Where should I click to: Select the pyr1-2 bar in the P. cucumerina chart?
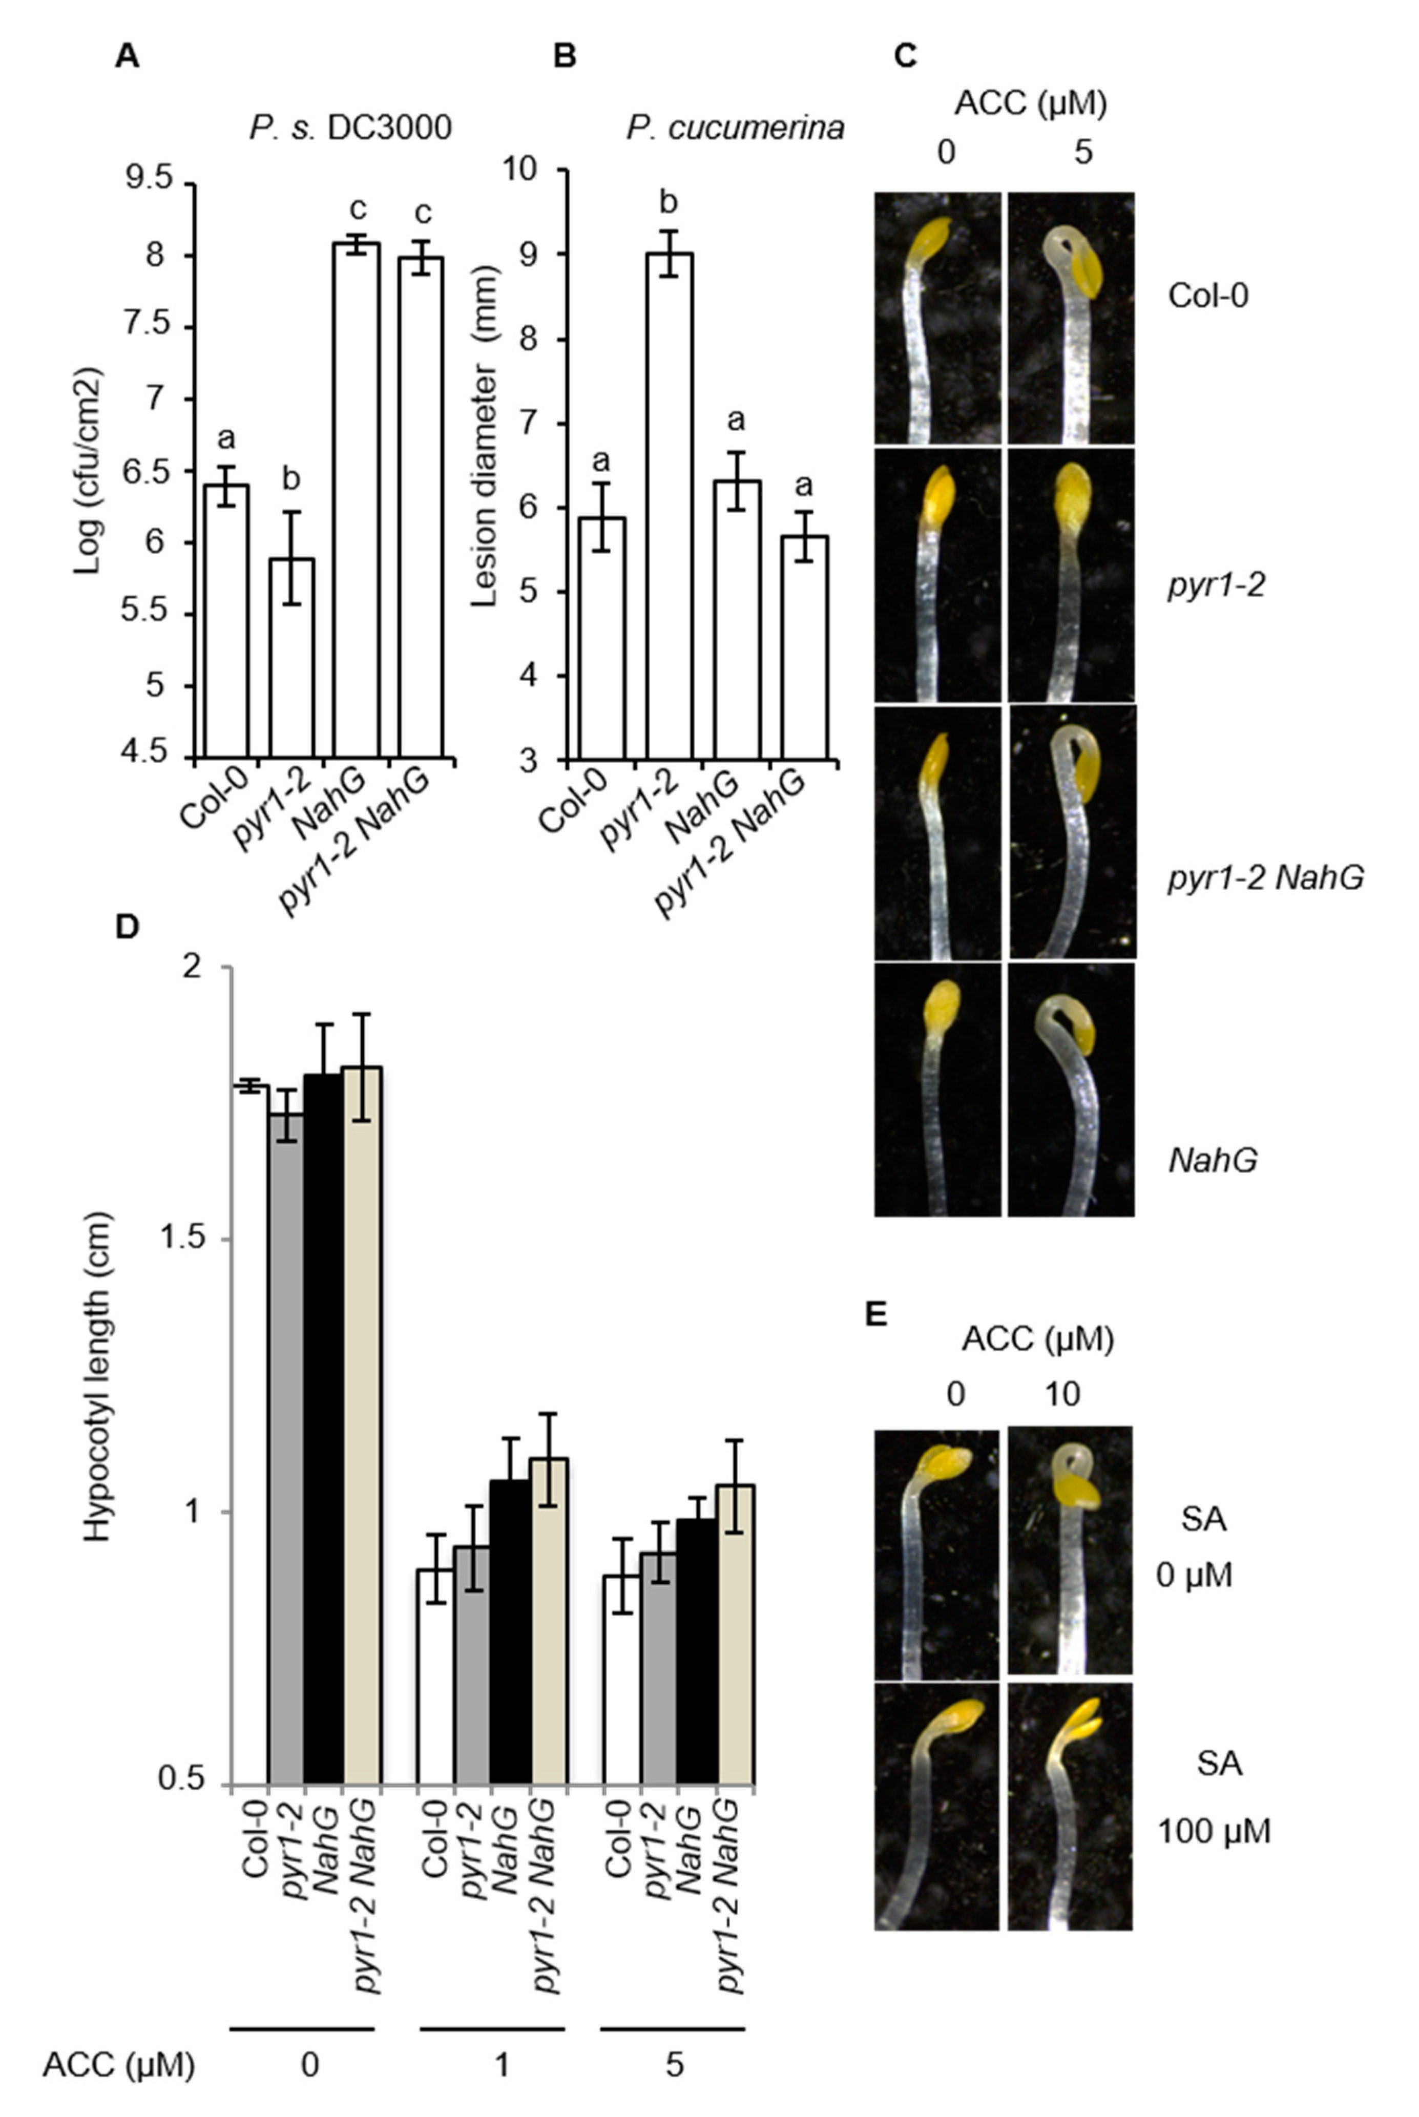point(670,507)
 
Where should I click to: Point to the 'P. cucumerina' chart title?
point(735,128)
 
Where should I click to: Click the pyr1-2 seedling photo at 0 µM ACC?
point(937,575)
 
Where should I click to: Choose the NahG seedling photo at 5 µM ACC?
point(1071,1089)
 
